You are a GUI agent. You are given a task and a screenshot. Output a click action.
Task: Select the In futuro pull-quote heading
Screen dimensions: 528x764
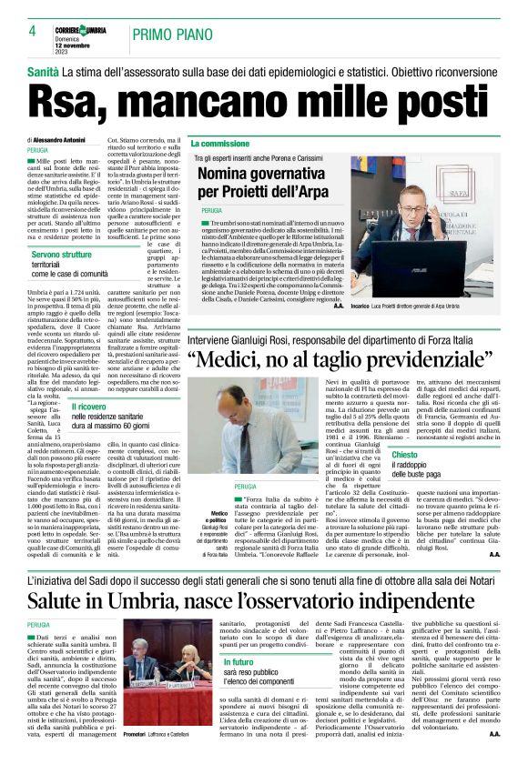pos(239,688)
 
